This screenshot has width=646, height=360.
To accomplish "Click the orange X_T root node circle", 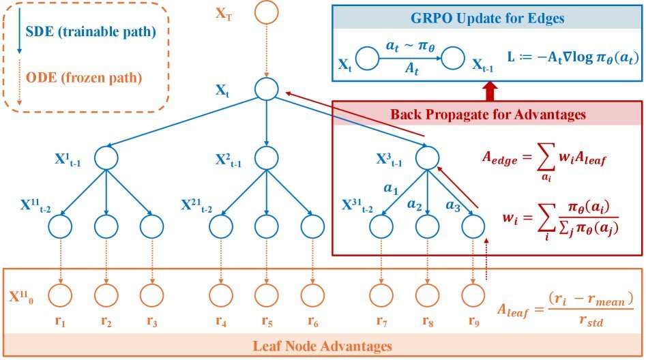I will pos(267,12).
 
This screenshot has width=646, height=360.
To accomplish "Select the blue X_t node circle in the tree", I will pos(267,89).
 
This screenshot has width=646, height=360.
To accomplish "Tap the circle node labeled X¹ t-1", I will pos(106,158).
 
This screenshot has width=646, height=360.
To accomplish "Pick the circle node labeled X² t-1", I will pos(267,158).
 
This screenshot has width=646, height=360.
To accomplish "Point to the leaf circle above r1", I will pos(61,295).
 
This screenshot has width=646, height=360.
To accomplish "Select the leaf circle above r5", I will pos(267,295).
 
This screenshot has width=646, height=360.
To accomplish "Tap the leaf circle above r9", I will pos(472,295).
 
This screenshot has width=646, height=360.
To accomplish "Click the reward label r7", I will pos(383,320).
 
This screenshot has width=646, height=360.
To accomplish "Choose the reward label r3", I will pos(151,320).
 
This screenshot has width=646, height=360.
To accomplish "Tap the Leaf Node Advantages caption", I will pos(324,346).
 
